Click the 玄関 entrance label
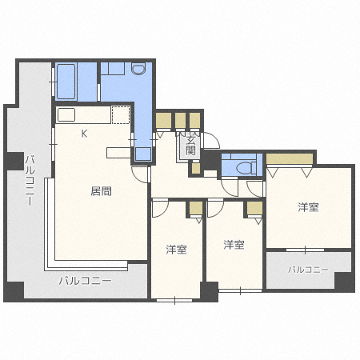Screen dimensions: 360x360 click(191, 146)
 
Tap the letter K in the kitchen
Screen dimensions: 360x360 click(84, 134)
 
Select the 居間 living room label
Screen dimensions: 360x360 click(101, 191)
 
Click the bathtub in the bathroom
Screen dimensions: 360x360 click(66, 82)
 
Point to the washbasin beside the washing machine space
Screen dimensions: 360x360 click(138, 68)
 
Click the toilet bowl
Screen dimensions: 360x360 click(244, 168)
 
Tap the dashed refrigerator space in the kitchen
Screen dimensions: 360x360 click(121, 115)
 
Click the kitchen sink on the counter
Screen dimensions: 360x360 click(66, 115)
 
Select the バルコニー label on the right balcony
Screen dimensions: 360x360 click(308, 270)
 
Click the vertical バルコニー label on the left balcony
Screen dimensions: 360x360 click(30, 181)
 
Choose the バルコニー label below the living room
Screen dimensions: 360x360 click(85, 281)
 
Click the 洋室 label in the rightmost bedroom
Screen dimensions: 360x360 click(308, 207)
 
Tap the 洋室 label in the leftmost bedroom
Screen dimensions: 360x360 click(176, 250)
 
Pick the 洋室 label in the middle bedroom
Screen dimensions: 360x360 click(234, 245)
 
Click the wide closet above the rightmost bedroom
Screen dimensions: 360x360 click(290, 159)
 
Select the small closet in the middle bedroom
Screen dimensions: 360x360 click(254, 208)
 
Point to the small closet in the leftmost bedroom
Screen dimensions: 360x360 click(196, 208)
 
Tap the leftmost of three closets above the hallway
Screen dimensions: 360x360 click(163, 121)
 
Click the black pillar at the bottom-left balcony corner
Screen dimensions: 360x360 click(14, 291)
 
